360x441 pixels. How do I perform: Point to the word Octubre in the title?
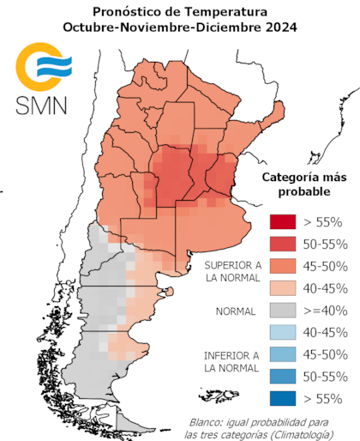(90, 27)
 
